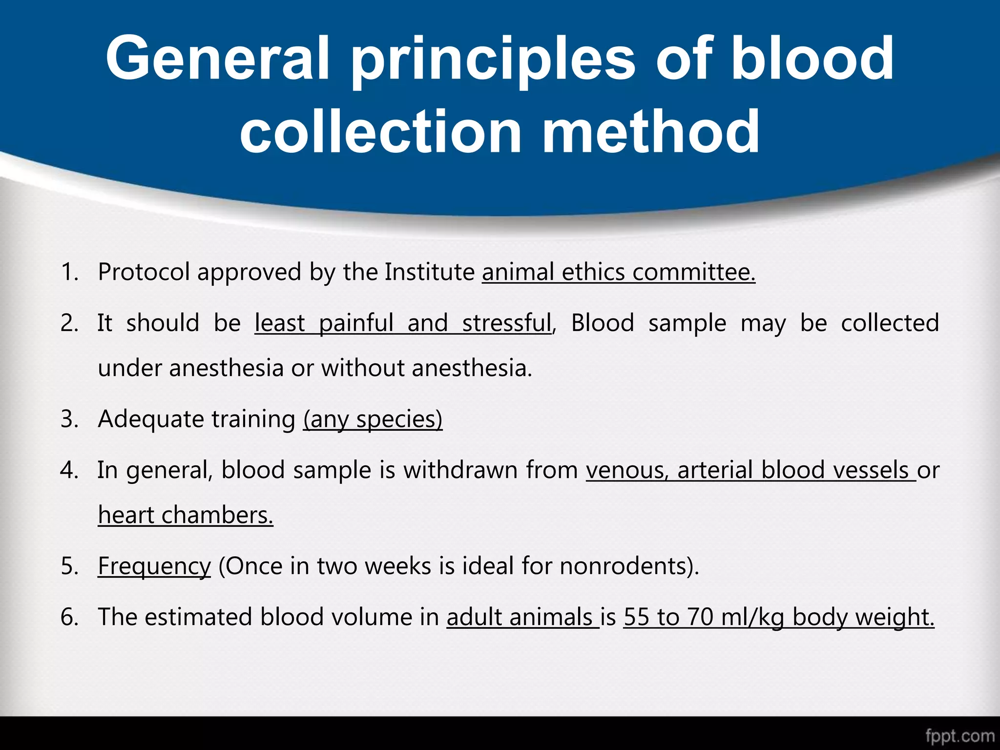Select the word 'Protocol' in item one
click(144, 272)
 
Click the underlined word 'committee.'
click(694, 272)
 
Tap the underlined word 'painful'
click(356, 323)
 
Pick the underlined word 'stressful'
click(506, 323)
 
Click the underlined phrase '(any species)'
click(373, 419)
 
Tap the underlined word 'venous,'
click(627, 470)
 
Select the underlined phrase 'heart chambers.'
click(186, 515)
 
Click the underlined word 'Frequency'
click(154, 566)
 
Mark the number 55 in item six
click(636, 617)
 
